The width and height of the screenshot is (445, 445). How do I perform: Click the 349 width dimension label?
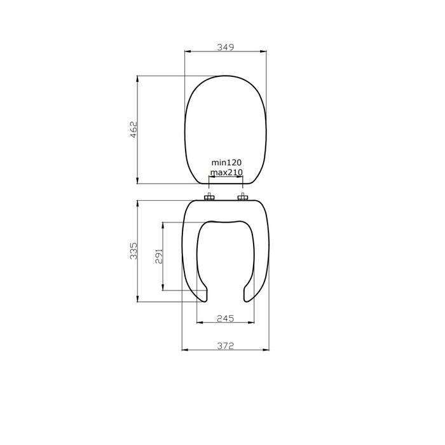coord(226,47)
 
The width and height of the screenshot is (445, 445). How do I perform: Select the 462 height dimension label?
coord(133,130)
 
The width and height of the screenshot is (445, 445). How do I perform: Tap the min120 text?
coord(226,163)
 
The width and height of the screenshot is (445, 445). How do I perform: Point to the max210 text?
coord(226,172)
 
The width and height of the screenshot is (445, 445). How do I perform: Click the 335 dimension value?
coord(133,251)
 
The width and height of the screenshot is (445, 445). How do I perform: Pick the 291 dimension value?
coord(160,256)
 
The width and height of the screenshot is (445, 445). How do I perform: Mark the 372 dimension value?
coord(226,345)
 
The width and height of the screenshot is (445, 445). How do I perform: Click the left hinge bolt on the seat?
coord(210,198)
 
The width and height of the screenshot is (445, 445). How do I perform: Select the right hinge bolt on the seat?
coord(242,198)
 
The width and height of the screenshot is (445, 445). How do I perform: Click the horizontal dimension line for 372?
coord(203,350)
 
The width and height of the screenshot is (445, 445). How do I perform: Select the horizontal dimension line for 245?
coord(210,322)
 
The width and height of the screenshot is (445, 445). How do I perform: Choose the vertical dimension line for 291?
coord(164,235)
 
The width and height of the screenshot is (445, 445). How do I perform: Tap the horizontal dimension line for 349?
coord(203,52)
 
